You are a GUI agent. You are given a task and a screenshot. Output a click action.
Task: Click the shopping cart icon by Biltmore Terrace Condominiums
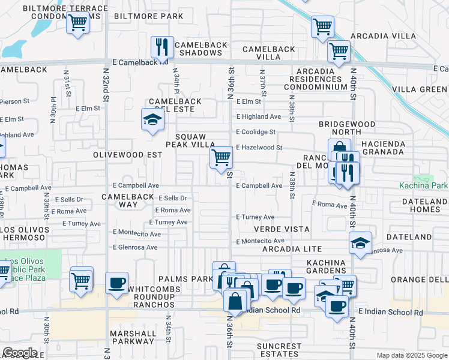tap(78, 23)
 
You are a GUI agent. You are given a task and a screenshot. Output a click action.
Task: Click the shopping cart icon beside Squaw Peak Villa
tap(221, 157)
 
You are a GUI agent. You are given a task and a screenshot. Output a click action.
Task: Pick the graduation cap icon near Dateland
tap(360, 243)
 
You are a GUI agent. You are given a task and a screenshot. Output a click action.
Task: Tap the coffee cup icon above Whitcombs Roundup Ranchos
tap(116, 283)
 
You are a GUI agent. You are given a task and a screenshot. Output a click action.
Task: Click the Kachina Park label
tap(423, 186)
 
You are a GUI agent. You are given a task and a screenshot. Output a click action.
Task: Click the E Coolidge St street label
tap(256, 132)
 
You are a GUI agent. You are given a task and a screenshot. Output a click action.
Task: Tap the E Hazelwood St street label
tap(259, 147)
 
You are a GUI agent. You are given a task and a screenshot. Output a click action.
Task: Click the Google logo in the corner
tap(20, 353)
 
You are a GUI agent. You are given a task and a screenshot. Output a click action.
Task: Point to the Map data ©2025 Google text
tap(411, 355)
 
